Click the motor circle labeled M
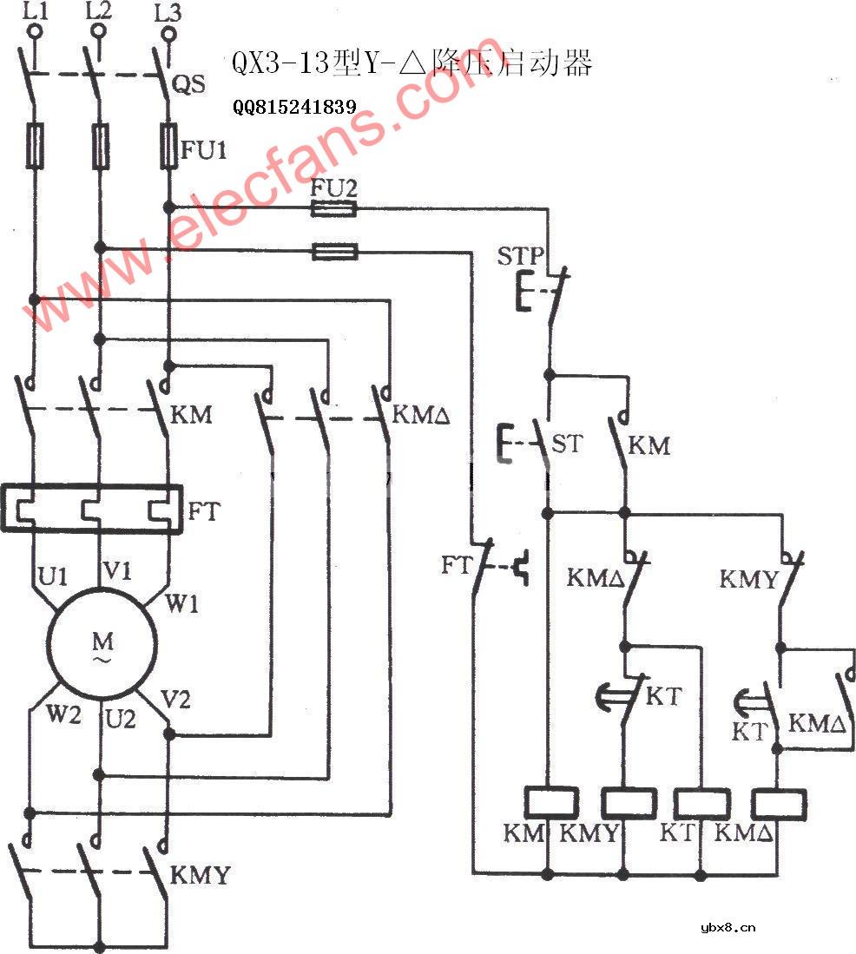[x=102, y=644]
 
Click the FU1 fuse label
[x=204, y=151]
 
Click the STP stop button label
[x=521, y=256]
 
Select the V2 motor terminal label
[x=176, y=700]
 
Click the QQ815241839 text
[x=294, y=108]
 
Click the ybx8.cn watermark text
[x=728, y=927]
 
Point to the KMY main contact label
[x=201, y=875]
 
